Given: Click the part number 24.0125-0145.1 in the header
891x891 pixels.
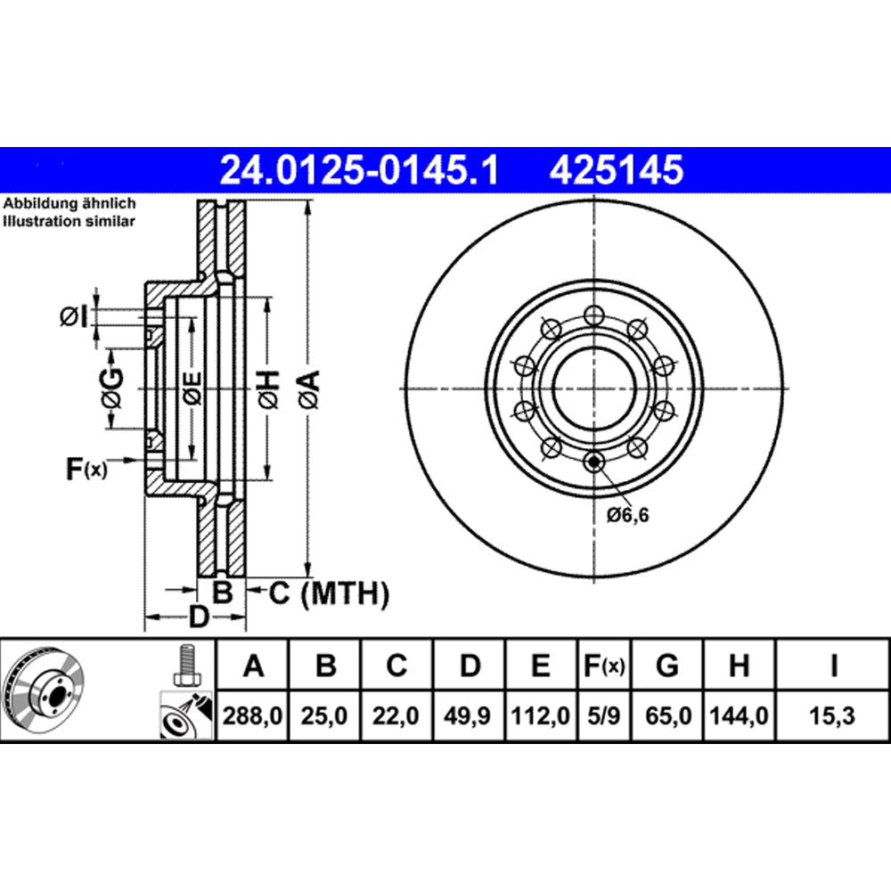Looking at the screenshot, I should tap(358, 168).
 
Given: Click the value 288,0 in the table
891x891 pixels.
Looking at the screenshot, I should tap(254, 715).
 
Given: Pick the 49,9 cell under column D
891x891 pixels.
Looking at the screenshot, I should tap(470, 715).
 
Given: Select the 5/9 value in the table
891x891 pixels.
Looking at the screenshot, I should tap(603, 715).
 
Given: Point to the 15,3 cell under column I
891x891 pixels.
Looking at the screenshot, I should tap(832, 715).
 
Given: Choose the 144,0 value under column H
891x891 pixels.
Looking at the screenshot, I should tap(739, 715).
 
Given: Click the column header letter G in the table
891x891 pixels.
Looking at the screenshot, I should tap(666, 666).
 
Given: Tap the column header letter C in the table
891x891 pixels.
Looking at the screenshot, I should tap(397, 666).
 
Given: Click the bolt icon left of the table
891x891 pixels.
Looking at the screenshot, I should tap(186, 665).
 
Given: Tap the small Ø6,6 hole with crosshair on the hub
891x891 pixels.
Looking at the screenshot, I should tap(594, 461).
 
